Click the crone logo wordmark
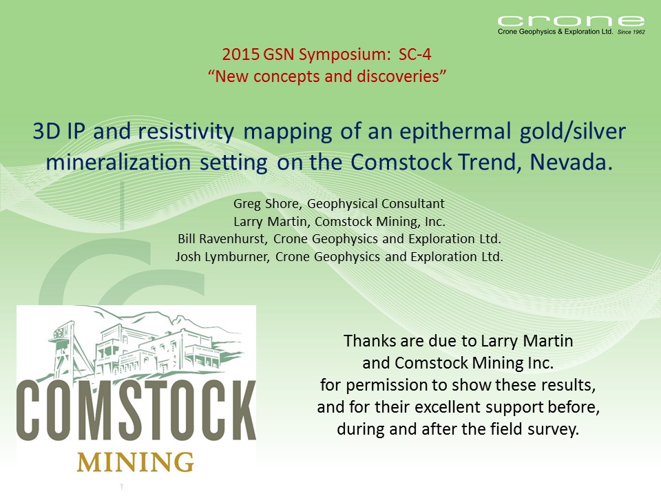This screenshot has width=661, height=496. click(571, 21)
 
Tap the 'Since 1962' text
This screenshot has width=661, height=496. click(631, 32)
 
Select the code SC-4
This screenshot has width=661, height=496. click(415, 54)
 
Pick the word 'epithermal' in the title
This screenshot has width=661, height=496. click(455, 132)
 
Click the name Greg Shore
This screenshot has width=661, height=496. click(266, 204)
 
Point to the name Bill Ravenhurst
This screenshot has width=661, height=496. click(221, 239)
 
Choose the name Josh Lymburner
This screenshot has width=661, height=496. click(222, 256)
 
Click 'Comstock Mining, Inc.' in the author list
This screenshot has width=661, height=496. click(380, 221)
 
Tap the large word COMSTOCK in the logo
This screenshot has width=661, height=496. click(136, 410)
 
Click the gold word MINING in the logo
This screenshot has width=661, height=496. click(136, 462)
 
